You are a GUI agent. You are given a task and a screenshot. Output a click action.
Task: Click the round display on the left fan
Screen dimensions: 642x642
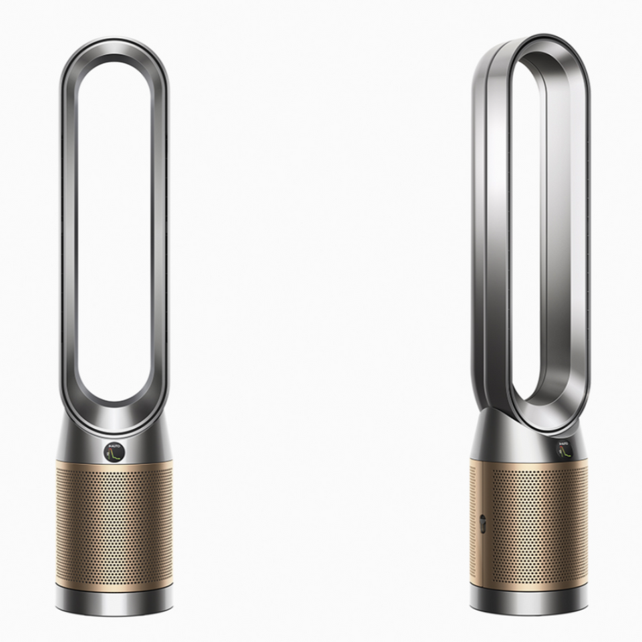(x=114, y=452)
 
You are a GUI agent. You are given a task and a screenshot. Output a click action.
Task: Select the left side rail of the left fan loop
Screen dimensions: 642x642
(x=68, y=234)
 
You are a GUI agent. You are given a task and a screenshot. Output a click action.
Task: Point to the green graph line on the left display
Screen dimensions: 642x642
(x=117, y=455)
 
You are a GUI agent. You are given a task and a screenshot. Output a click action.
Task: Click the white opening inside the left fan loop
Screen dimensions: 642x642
(x=114, y=234)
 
